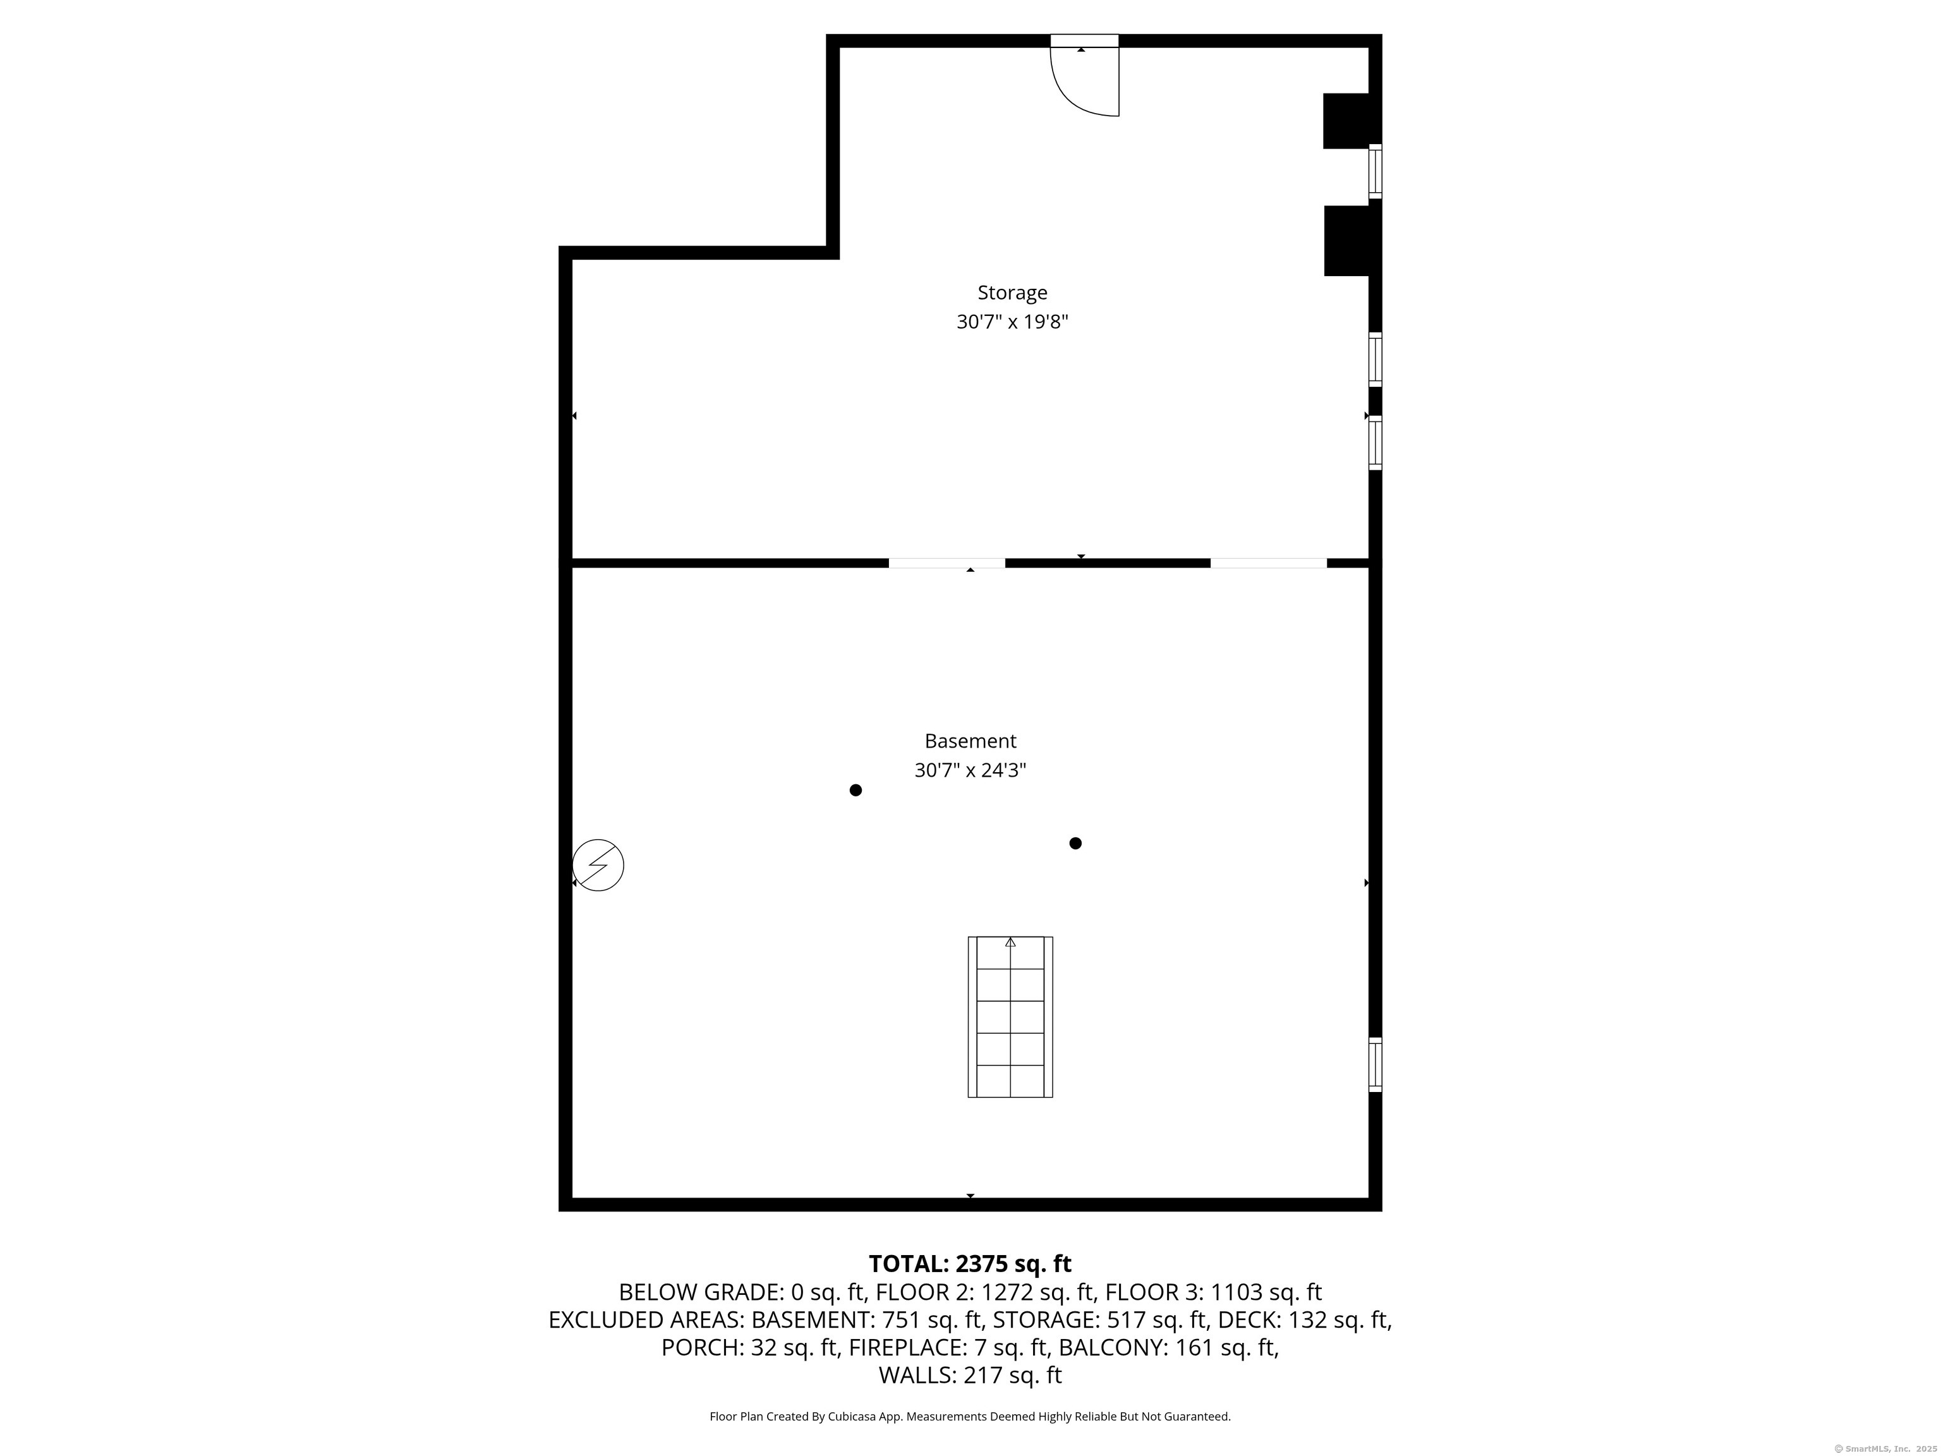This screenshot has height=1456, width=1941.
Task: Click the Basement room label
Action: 970,741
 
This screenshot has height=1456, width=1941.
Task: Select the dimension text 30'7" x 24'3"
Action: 970,770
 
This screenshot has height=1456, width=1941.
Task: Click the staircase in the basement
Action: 1010,1016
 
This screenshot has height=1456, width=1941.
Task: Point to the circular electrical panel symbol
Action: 598,865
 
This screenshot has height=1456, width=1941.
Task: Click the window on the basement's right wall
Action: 1375,1065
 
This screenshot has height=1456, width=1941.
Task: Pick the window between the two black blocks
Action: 1375,172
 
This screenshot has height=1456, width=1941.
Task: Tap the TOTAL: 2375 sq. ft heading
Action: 970,1264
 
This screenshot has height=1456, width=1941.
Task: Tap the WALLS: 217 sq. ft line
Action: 970,1375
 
